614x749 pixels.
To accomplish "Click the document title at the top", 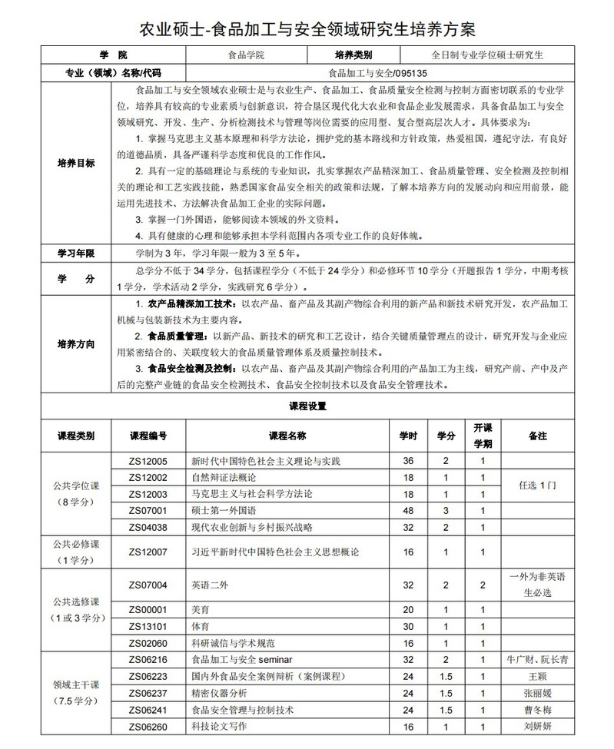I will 307,29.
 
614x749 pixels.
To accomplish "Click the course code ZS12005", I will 148,461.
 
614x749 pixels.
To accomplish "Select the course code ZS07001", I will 148,510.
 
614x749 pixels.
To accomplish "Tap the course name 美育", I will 200,610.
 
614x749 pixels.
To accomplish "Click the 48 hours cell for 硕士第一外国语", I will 408,510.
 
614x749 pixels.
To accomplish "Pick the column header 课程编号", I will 148,436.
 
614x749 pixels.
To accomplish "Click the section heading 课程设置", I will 307,405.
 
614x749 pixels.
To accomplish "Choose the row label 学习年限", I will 76,253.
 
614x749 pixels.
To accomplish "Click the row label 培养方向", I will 76,344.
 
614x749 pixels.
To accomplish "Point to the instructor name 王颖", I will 537,677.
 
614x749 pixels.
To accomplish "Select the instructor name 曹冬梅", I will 537,710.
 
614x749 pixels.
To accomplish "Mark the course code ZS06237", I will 148,693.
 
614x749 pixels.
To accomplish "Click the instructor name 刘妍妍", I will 537,726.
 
